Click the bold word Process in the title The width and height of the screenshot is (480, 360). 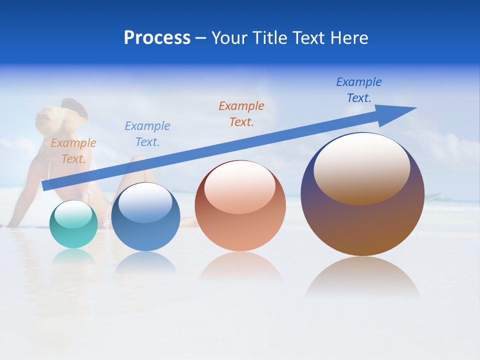pos(157,38)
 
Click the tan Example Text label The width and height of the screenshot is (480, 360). pos(73,151)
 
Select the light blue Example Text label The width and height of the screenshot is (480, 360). pos(147,134)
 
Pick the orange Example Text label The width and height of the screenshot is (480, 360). pos(241,113)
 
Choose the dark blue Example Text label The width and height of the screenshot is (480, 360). pos(358,90)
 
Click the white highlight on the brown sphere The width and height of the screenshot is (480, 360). pos(361,167)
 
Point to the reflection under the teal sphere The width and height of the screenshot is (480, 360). pos(73,256)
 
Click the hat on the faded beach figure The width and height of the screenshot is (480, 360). pos(74,106)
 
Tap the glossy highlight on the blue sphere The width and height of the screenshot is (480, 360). pos(145,201)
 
